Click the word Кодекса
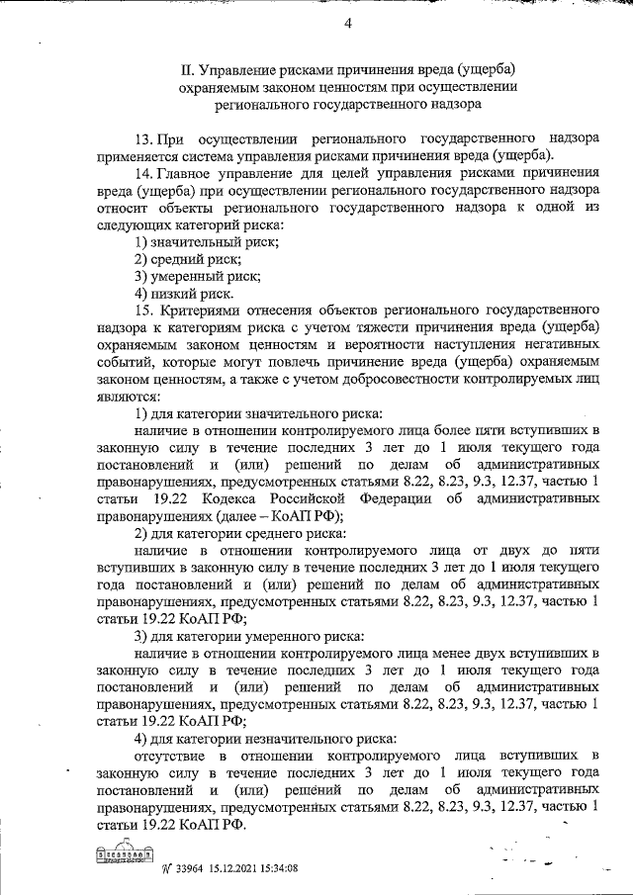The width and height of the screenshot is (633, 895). point(259,497)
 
